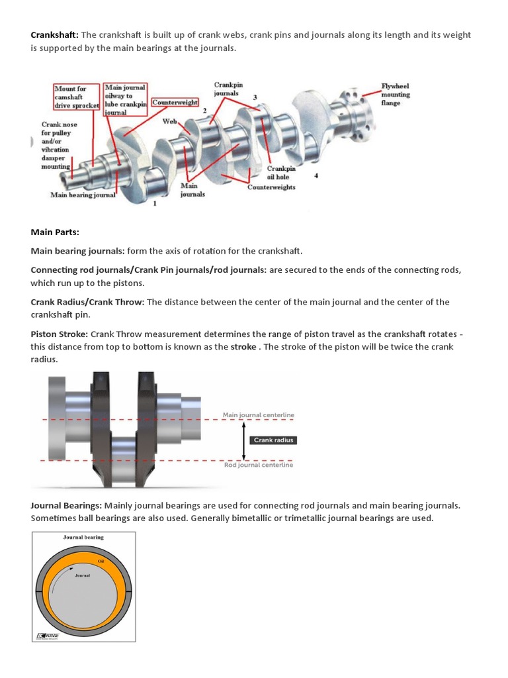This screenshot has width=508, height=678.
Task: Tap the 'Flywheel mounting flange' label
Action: (396, 95)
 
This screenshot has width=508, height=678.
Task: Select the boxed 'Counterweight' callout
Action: (175, 103)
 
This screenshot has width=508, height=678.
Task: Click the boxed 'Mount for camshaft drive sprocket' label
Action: (76, 97)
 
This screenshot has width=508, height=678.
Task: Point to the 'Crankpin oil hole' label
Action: (281, 173)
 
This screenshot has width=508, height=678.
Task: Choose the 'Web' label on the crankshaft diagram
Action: (169, 122)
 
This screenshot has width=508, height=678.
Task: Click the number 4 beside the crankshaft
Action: (316, 175)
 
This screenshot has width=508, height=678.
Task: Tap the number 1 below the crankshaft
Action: (155, 204)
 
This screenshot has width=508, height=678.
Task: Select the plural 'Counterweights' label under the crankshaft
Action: (271, 187)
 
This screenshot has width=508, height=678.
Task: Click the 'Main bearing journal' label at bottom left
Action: (83, 195)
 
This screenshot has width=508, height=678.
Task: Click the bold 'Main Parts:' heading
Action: (54, 232)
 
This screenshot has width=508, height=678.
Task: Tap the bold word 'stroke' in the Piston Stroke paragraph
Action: (243, 347)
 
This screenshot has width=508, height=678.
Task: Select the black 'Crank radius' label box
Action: (273, 440)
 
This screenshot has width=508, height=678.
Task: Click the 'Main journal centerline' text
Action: (258, 415)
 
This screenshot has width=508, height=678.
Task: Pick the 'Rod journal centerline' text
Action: (258, 465)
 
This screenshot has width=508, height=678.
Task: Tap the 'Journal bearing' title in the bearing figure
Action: (83, 538)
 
